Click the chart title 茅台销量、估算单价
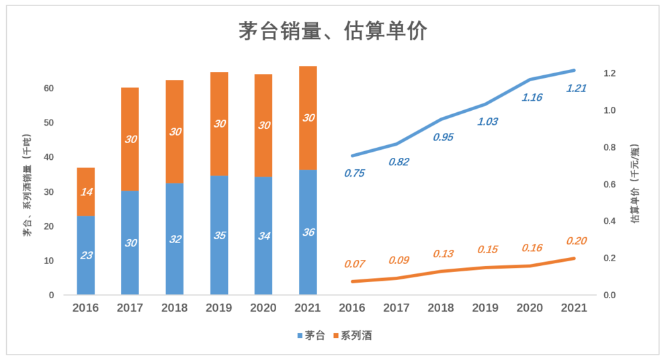click(333, 32)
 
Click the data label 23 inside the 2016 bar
click(86, 255)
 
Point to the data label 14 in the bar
click(86, 192)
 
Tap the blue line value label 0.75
click(354, 173)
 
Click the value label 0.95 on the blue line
click(443, 137)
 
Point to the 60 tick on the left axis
click(48, 89)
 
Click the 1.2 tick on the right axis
click(610, 73)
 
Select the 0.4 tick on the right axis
click(610, 222)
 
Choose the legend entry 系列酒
click(351, 335)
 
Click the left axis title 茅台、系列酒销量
click(28, 184)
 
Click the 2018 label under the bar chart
click(175, 308)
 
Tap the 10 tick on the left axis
click(48, 261)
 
